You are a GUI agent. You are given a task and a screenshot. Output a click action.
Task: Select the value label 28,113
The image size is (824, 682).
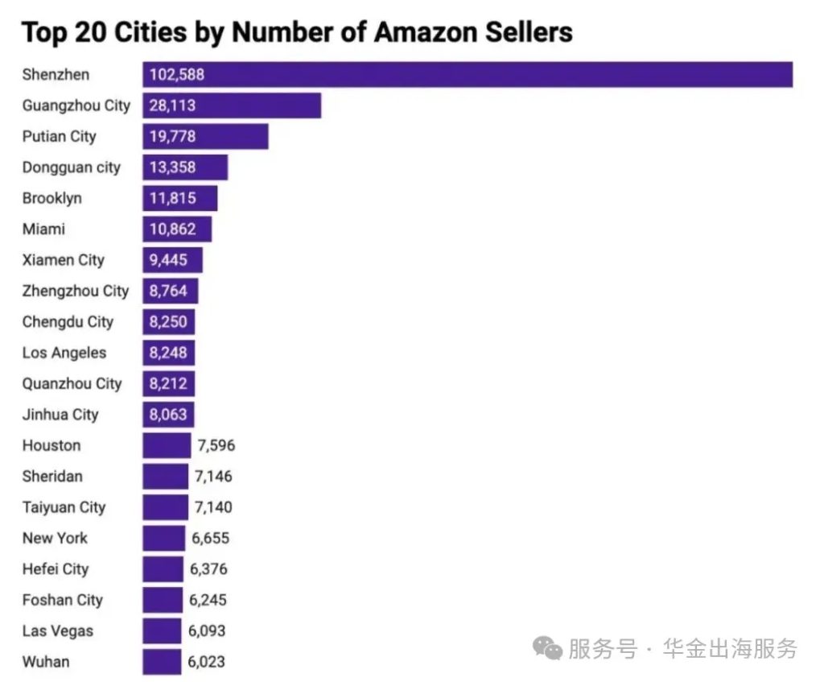[x=172, y=105]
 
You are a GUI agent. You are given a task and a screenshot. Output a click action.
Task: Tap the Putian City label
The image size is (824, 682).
[x=59, y=136]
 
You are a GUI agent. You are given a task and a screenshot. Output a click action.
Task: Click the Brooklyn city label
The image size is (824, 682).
[x=51, y=198]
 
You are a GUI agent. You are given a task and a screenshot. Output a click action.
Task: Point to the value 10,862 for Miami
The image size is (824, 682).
[x=172, y=229]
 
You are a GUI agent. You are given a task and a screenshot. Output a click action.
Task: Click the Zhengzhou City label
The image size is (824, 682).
[x=75, y=291]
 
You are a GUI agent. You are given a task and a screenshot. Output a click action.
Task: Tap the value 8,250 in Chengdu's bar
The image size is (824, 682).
[x=168, y=321]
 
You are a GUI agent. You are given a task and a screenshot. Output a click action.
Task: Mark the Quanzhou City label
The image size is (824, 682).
[x=72, y=383]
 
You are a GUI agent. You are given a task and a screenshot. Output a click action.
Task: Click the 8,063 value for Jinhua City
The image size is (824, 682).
[x=168, y=415]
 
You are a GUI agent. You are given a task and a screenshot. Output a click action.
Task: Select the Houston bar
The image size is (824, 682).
[x=167, y=445]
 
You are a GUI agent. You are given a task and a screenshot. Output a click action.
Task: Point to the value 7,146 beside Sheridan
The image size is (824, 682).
[x=213, y=476]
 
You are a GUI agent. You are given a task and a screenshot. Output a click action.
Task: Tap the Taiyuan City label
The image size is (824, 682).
[x=64, y=507]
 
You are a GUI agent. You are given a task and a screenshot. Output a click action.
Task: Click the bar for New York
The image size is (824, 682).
[x=163, y=538]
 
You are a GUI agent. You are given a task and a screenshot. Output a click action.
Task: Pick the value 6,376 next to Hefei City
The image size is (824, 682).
[x=208, y=569]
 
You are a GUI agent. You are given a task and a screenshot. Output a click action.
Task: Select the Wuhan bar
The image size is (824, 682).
[x=162, y=662]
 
